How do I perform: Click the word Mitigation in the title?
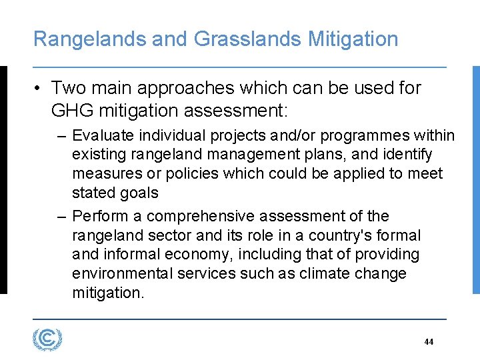pyautogui.click(x=353, y=39)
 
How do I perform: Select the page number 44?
pyautogui.click(x=429, y=342)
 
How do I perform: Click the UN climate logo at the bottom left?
pyautogui.click(x=47, y=339)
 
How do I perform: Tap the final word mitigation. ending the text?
pyautogui.click(x=107, y=293)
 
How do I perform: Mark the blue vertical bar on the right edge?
pyautogui.click(x=476, y=180)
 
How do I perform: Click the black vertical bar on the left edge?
pyautogui.click(x=3, y=180)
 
